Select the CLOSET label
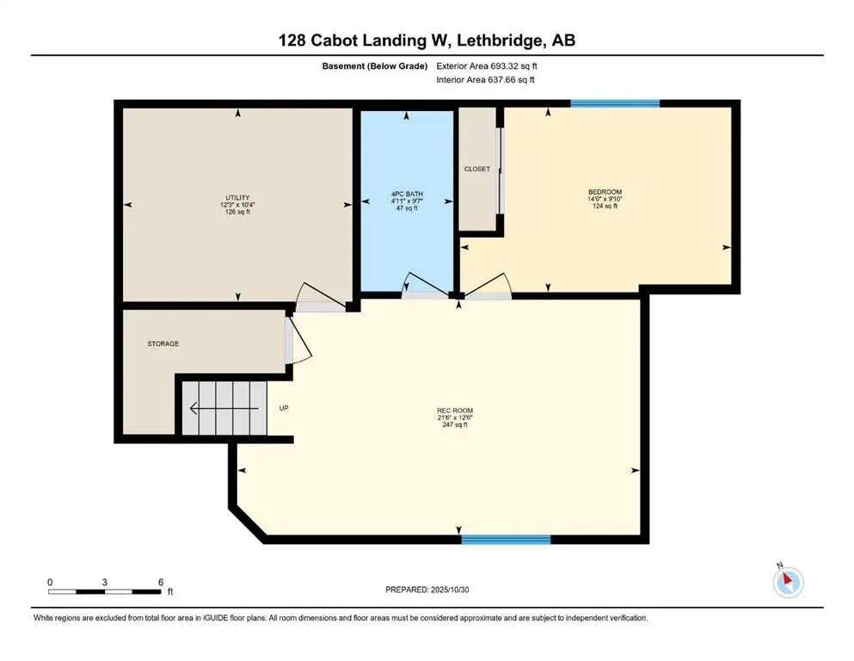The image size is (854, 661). [x=476, y=170]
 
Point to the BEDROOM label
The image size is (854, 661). [x=605, y=192]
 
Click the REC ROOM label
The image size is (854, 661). [x=455, y=410]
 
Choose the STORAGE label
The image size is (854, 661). [x=163, y=343]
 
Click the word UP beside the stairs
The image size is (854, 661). [x=284, y=408]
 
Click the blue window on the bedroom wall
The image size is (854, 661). [x=615, y=103]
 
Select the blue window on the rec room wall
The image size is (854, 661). [x=506, y=540]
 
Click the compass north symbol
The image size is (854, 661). [x=788, y=582]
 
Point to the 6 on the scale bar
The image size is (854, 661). [x=161, y=583]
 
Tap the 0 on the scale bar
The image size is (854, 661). [x=51, y=583]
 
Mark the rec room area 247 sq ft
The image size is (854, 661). [x=455, y=425]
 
